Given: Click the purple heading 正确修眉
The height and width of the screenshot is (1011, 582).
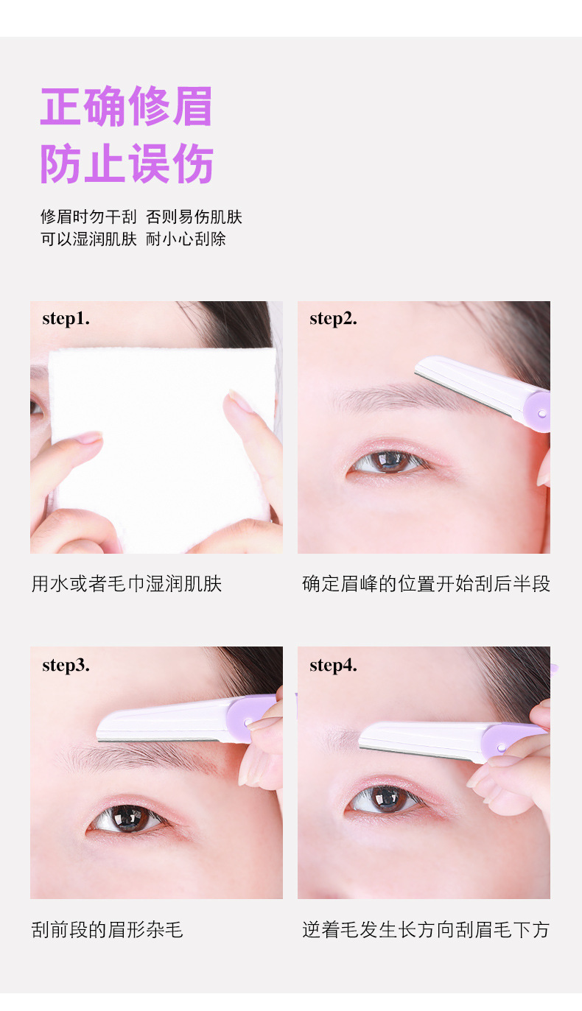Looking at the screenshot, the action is point(126,106).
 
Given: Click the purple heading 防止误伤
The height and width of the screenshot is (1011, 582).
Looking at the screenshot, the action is point(127,163).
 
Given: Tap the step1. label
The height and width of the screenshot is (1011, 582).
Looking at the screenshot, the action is point(66,319).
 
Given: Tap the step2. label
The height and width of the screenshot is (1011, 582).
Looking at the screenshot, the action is point(333,319).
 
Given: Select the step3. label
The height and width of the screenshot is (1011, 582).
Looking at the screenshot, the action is point(66,666).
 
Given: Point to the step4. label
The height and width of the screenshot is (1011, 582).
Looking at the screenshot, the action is point(333,666).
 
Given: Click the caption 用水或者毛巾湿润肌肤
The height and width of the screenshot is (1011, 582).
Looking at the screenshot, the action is point(127,584).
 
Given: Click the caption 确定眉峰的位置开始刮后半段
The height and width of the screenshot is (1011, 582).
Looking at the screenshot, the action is point(427,584).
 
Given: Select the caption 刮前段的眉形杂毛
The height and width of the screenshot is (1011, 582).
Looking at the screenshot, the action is point(107,930).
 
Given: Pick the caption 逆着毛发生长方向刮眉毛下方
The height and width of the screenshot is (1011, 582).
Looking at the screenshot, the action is point(426,930).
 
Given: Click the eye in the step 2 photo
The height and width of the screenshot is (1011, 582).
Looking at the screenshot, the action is point(388,461).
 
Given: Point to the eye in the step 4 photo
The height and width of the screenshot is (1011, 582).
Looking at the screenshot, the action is point(385,798).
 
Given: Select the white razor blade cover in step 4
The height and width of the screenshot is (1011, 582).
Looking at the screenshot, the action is point(422,739).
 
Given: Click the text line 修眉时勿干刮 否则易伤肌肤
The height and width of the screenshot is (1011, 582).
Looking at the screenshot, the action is point(141,217).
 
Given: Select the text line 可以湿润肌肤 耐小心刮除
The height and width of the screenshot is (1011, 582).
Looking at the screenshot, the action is point(133,239).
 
